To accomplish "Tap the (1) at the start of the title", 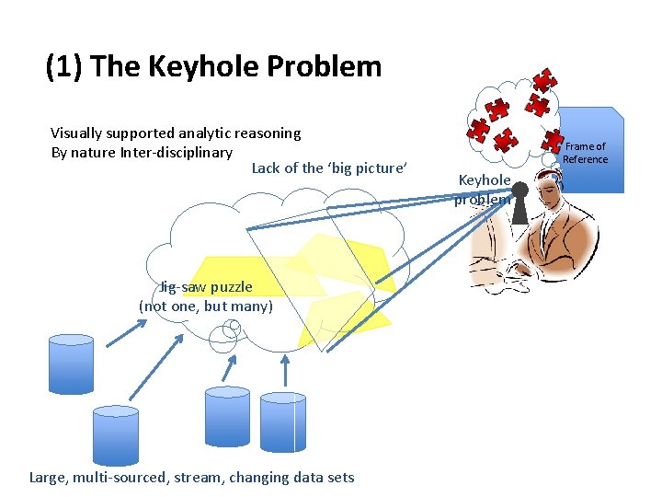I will click(x=66, y=66).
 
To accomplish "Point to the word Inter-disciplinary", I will click(x=176, y=152).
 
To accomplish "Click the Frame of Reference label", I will click(x=585, y=153).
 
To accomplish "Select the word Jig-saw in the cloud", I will click(x=179, y=287).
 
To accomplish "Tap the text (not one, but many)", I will click(x=206, y=306).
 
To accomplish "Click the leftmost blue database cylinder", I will click(x=71, y=364).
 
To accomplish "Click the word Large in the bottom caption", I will click(x=51, y=477).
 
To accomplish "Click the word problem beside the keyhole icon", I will click(x=482, y=200).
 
